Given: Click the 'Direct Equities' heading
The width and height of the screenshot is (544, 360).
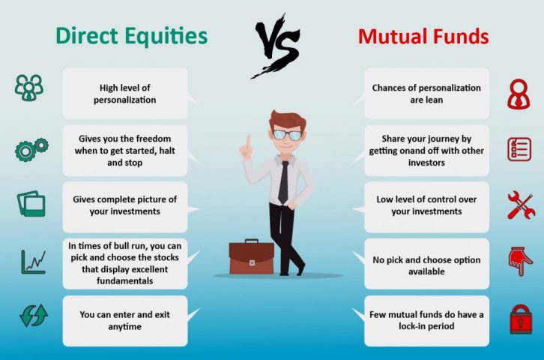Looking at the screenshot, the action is [x=131, y=36].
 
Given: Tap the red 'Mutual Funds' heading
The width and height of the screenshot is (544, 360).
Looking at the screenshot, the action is [x=423, y=37].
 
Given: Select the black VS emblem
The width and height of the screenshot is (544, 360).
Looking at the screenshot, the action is [x=276, y=46].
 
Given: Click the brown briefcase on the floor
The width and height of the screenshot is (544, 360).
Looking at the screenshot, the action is [x=252, y=256].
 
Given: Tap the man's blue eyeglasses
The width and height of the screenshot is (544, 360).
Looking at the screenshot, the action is [x=287, y=135].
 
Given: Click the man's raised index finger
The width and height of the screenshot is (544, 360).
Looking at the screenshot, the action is [x=249, y=142].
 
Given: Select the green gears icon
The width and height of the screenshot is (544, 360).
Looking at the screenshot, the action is [x=31, y=149].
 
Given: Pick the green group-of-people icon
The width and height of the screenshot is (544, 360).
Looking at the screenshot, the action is [x=29, y=88].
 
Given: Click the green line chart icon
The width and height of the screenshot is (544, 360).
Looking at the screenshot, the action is [x=33, y=262].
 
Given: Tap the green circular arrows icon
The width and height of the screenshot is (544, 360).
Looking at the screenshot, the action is [x=34, y=316].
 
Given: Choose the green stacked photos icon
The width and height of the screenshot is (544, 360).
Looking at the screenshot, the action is [x=31, y=204].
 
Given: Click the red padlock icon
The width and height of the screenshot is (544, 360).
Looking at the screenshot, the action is [x=521, y=319].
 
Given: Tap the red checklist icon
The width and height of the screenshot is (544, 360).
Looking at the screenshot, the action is [x=519, y=149].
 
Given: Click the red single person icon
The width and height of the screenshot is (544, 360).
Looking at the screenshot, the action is [x=519, y=94].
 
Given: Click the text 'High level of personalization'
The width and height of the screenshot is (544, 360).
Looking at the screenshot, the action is [x=125, y=94].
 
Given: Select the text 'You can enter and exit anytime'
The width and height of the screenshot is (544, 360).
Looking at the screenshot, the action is [x=125, y=320].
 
